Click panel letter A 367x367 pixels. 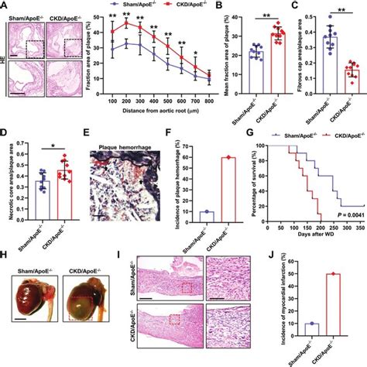[5, 6]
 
